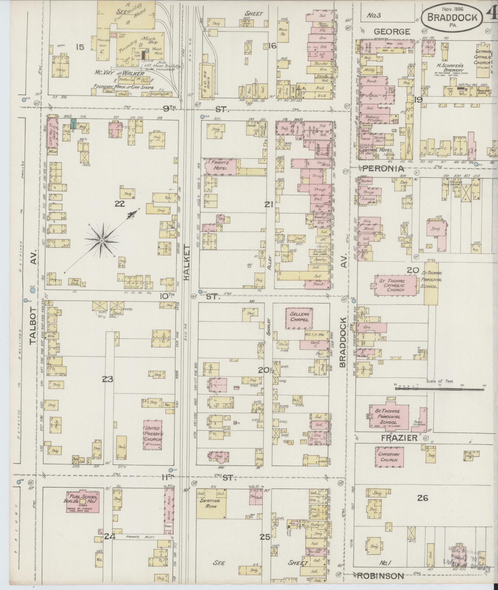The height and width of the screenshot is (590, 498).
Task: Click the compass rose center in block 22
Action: coord(102,241)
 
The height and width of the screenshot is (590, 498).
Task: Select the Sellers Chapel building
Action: coord(299,318)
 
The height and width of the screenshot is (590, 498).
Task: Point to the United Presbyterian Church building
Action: coord(153,434)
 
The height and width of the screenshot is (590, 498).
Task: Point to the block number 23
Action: coord(107,379)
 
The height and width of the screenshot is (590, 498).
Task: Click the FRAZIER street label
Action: coord(399,438)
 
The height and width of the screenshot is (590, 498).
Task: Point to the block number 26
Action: coord(422,497)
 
